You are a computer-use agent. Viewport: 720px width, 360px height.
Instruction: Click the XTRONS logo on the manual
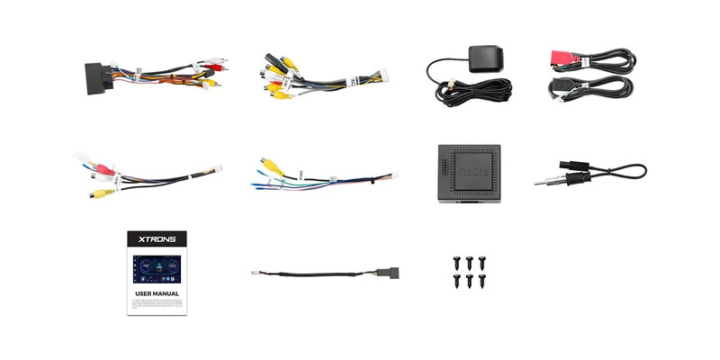click(157, 240)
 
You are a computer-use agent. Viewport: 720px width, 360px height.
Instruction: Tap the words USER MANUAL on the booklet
click(157, 293)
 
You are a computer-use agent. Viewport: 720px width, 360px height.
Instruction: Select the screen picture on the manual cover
click(157, 267)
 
